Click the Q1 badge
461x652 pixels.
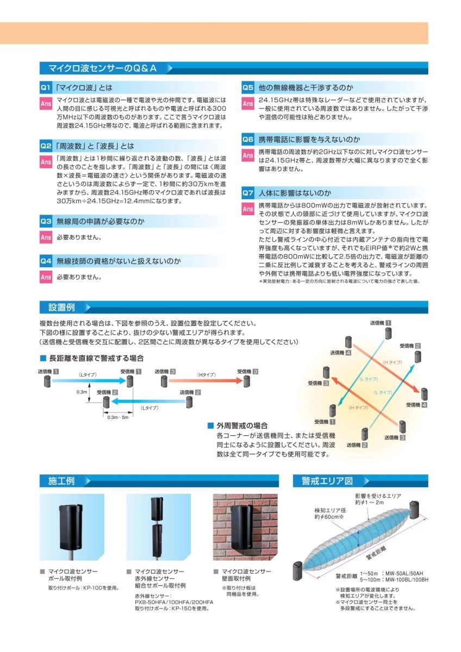pyautogui.click(x=46, y=87)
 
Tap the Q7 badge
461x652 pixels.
pyautogui.click(x=248, y=193)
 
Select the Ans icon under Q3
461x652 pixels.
pyautogui.click(x=46, y=237)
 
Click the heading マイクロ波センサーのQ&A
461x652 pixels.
pyautogui.click(x=103, y=68)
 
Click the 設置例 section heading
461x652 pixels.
pyautogui.click(x=61, y=307)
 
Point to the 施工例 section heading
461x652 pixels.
pyautogui.click(x=61, y=481)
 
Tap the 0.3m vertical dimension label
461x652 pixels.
pyautogui.click(x=82, y=392)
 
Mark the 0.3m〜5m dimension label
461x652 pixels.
pyautogui.click(x=117, y=417)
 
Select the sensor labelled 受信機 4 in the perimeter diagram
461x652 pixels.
pyautogui.click(x=422, y=394)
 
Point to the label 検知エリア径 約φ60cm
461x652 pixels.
pyautogui.click(x=329, y=514)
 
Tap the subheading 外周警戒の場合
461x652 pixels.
pyautogui.click(x=242, y=425)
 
